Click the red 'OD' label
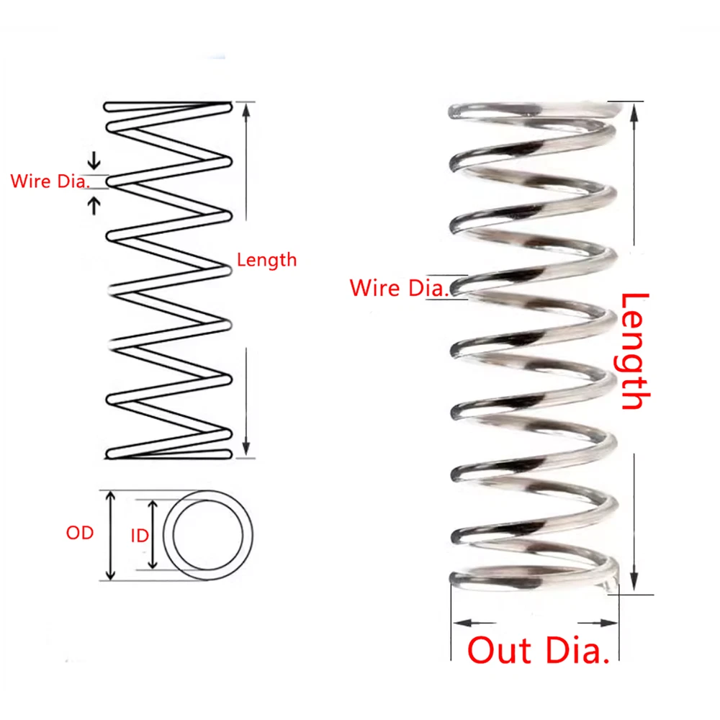coord(80,534)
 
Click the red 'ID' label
coord(140,535)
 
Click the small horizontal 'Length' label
coord(266,260)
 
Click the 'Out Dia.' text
coord(539,650)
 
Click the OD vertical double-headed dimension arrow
coord(110,535)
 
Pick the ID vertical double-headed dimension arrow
coord(153,535)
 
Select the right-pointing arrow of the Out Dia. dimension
coord(609,622)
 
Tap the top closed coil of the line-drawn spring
coord(167,108)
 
